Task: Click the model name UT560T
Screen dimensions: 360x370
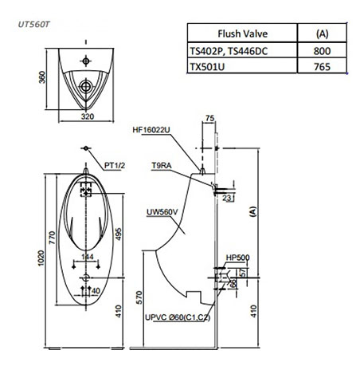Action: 33,25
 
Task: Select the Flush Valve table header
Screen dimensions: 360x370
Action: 243,33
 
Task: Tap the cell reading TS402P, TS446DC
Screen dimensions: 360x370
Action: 229,51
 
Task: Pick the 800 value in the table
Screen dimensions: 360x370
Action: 322,51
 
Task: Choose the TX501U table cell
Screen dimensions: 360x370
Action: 207,66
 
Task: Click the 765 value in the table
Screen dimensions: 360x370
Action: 322,66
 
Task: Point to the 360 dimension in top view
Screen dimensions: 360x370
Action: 42,77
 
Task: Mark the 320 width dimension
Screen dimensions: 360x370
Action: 88,116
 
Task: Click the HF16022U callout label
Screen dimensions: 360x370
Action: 151,130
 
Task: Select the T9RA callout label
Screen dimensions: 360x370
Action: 162,166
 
